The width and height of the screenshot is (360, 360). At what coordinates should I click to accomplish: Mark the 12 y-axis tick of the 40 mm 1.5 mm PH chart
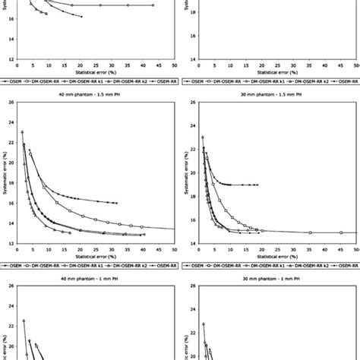(x=8, y=243)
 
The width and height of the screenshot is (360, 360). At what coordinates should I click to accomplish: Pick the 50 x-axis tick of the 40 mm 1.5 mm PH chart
(x=174, y=249)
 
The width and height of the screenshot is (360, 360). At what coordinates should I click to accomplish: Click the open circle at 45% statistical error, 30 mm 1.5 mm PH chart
(x=341, y=232)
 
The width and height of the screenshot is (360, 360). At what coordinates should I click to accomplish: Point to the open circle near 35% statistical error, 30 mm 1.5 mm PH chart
(x=310, y=232)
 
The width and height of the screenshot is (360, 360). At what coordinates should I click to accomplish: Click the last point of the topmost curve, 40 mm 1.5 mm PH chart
(x=116, y=204)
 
